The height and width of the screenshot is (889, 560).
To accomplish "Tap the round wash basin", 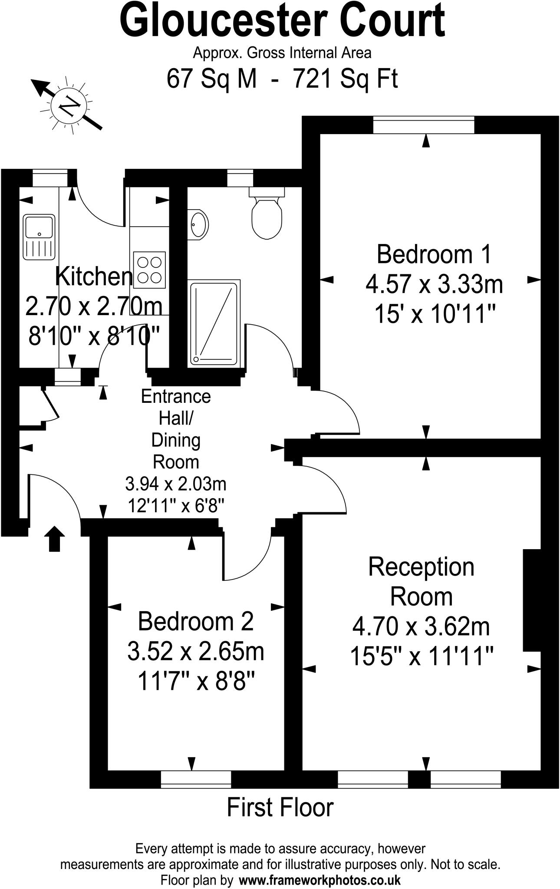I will tap(198, 224).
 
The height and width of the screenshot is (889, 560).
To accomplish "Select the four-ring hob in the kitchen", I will tap(150, 270).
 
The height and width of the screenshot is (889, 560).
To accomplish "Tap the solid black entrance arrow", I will tap(54, 539).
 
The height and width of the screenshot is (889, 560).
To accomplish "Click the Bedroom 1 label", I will tap(434, 254).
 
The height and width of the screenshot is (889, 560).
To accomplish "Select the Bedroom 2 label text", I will tap(195, 622).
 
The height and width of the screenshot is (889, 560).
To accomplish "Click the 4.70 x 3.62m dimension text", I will tap(421, 626).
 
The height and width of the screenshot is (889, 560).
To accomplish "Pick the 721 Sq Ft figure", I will tap(346, 79).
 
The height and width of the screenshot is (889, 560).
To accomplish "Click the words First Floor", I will tap(280, 808).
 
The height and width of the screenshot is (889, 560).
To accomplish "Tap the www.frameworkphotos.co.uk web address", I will tap(320, 880).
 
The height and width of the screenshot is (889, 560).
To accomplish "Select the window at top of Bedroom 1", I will tap(424, 125).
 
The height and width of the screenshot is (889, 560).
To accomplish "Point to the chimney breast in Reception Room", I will tap(531, 600).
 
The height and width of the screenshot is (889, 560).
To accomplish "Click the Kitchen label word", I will tap(94, 277).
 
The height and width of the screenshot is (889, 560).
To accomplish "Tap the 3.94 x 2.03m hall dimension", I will tap(176, 484).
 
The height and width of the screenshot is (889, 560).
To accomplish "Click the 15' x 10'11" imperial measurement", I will tap(435, 314).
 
